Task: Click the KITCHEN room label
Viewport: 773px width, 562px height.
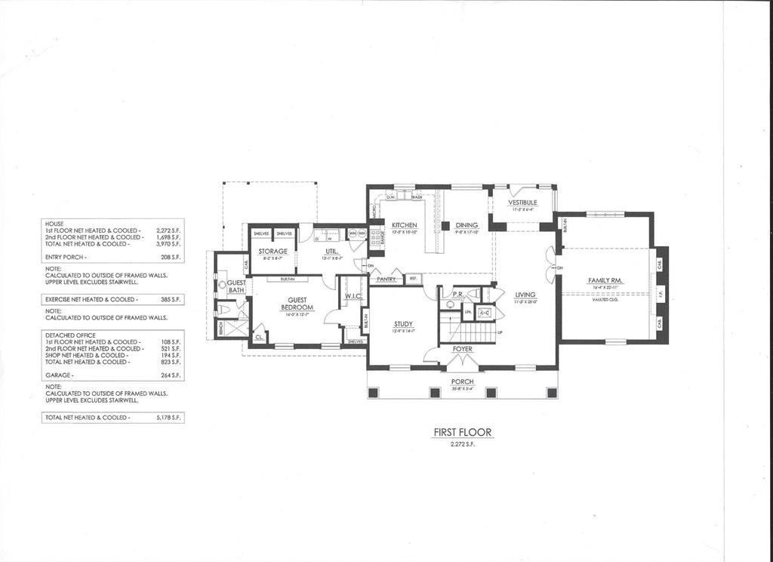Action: pos(405,225)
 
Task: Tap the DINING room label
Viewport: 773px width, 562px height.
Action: pos(466,225)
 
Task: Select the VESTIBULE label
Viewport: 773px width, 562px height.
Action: pos(522,202)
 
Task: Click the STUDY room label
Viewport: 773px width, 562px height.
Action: pos(403,323)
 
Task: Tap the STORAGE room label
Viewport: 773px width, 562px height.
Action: pos(272,252)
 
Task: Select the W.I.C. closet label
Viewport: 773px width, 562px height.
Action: pos(353,296)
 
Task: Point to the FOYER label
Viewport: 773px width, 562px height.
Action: pos(463,349)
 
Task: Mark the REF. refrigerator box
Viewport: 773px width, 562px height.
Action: pos(413,279)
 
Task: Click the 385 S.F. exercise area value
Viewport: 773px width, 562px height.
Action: pos(167,300)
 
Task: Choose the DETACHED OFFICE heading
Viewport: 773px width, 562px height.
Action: pos(71,335)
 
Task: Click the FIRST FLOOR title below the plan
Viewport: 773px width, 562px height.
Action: pos(462,433)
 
